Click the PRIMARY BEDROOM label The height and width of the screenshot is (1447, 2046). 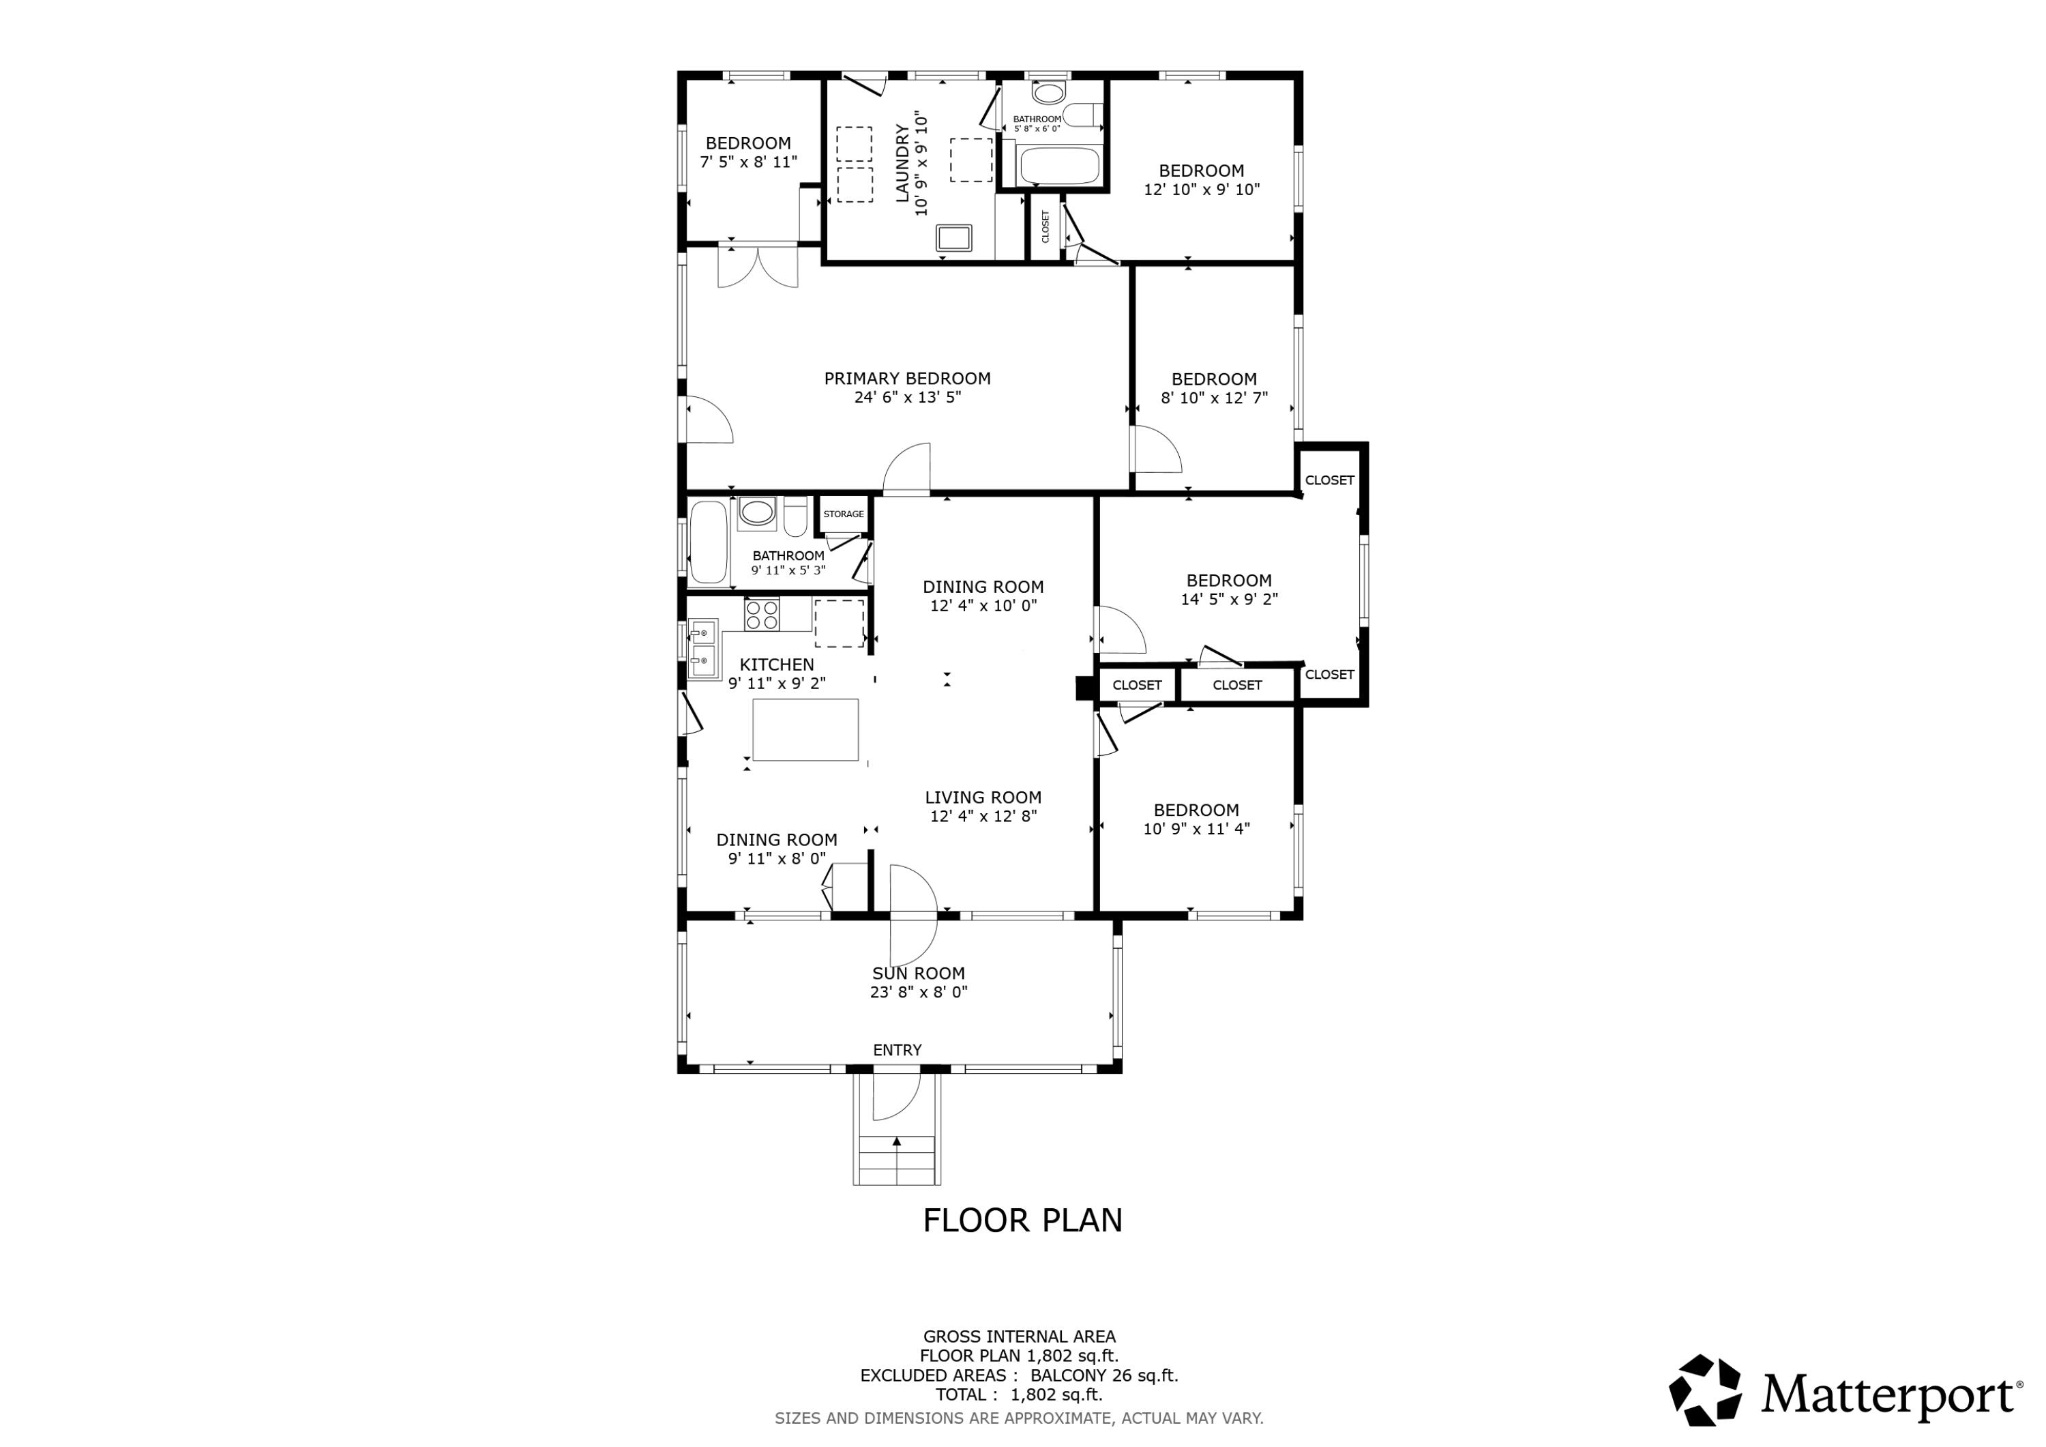(x=907, y=379)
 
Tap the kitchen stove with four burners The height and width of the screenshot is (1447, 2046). (x=762, y=614)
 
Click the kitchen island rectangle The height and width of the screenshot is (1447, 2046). (x=805, y=729)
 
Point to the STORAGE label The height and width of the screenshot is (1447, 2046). (x=843, y=514)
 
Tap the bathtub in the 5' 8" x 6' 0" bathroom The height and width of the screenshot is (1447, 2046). (x=1058, y=166)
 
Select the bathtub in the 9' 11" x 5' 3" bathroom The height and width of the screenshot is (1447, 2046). (x=709, y=543)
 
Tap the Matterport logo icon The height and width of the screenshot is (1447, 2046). (x=1705, y=1391)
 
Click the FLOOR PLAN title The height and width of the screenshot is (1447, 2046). (x=1022, y=1221)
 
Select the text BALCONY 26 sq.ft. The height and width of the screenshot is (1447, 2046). (x=1104, y=1375)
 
